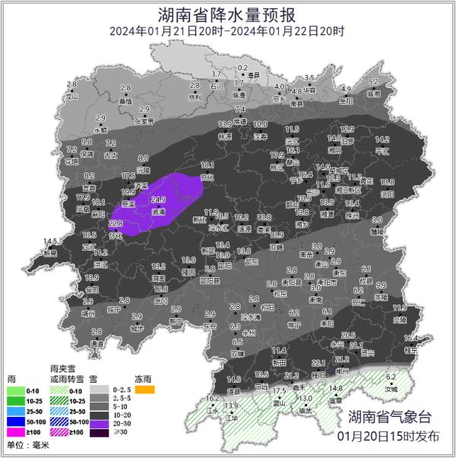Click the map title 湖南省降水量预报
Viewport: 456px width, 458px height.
click(227, 14)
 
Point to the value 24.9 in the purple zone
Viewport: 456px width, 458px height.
click(158, 200)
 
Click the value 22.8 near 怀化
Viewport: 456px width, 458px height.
click(116, 224)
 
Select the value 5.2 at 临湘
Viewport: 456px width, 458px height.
click(373, 81)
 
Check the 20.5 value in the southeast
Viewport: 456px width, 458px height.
click(349, 335)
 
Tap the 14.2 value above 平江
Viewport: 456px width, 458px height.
click(382, 139)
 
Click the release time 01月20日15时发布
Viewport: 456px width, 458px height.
click(389, 436)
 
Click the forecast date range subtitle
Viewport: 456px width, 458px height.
click(227, 31)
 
